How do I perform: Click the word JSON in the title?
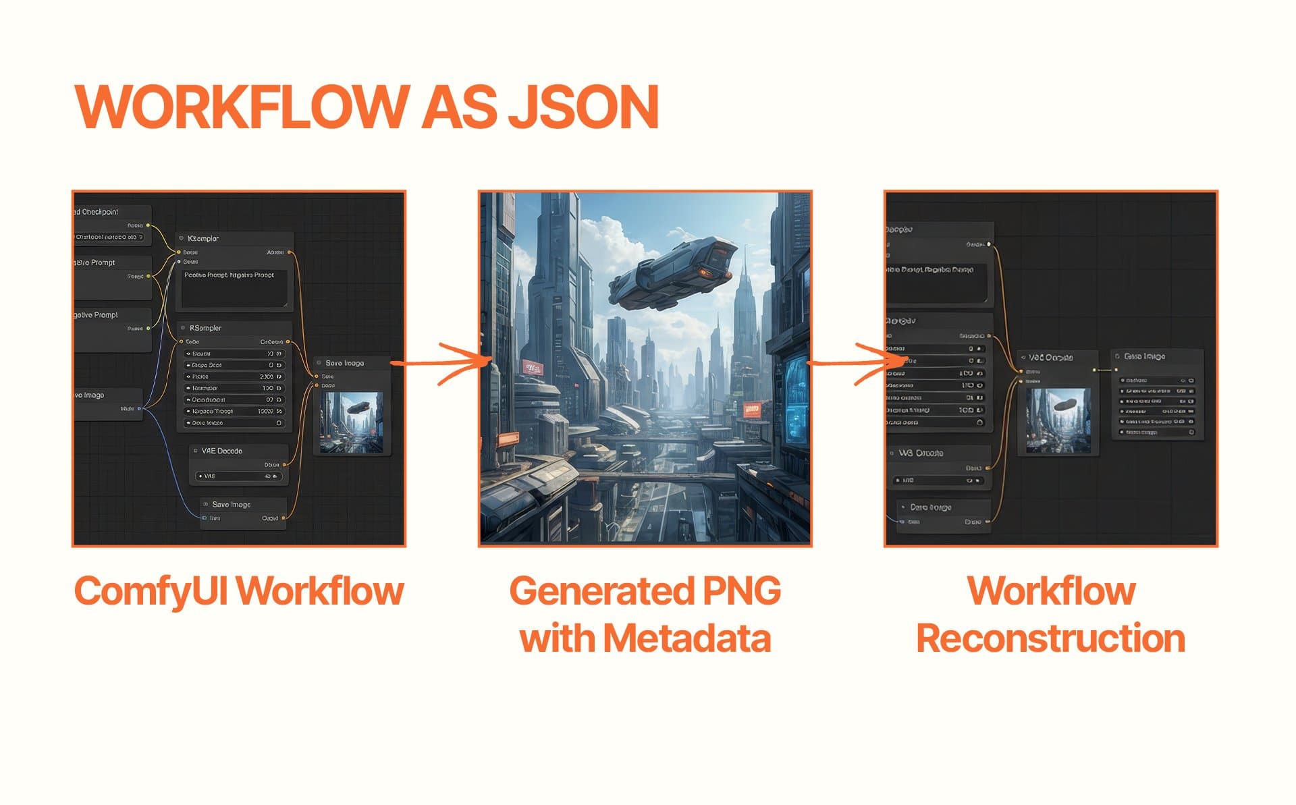583,107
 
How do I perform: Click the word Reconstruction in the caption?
1050,638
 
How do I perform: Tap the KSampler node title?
203,239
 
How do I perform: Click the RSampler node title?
205,328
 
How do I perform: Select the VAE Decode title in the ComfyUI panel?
221,451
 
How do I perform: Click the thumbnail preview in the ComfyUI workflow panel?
351,422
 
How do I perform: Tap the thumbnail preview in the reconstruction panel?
1058,420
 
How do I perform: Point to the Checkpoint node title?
99,212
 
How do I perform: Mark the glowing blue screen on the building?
796,398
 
